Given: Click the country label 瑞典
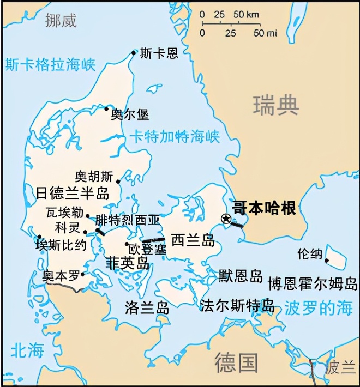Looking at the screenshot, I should [277, 104].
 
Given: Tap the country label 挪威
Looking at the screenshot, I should [61, 21].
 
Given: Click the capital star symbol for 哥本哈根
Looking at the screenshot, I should [226, 219].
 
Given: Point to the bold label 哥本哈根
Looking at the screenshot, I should [264, 208].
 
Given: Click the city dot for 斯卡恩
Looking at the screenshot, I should [134, 53].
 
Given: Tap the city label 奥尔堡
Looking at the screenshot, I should [130, 114].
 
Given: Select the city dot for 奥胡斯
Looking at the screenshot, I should [118, 180].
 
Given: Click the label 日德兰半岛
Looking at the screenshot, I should [73, 193].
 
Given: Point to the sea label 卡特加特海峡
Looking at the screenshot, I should [175, 136].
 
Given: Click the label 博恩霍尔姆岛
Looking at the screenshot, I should [313, 283].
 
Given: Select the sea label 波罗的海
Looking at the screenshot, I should [318, 309].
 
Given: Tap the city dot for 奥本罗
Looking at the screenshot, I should [82, 274].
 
